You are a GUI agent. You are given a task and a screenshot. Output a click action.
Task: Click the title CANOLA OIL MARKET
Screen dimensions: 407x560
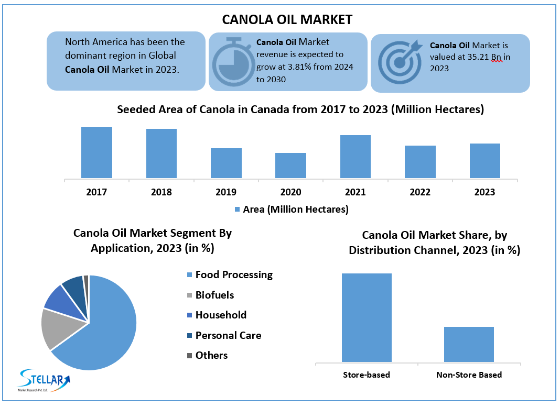pos(287,19)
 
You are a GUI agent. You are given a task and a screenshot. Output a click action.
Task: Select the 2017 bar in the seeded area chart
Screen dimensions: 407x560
pos(96,152)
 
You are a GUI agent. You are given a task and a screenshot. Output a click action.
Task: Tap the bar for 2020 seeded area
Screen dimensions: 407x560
pos(290,166)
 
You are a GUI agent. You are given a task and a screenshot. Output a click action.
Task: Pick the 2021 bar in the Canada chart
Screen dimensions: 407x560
pos(356,157)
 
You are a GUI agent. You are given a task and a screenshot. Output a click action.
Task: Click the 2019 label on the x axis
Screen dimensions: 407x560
pos(226,192)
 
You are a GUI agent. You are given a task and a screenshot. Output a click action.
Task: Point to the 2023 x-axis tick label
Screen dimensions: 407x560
pos(484,192)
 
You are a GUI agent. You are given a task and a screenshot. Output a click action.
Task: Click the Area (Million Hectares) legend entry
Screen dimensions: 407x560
pos(291,210)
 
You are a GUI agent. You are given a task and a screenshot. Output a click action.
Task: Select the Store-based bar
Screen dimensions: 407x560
pos(367,317)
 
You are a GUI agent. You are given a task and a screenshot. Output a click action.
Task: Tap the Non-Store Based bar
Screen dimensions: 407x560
pos(469,344)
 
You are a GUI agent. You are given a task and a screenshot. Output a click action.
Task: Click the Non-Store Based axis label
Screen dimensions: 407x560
pos(469,375)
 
